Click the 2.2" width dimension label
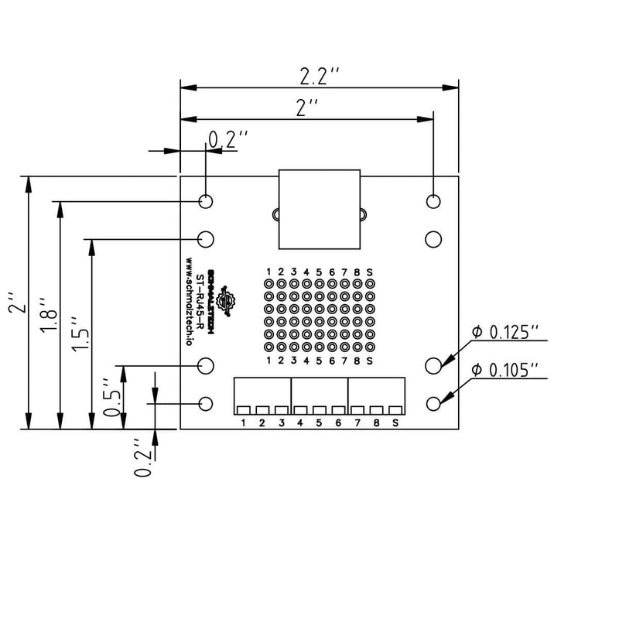[320, 76]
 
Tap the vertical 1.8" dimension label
[47, 316]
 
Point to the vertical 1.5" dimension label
[80, 334]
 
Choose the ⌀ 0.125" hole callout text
[504, 333]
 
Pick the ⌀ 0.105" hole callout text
[504, 371]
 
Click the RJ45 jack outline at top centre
[320, 209]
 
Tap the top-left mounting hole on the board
[206, 201]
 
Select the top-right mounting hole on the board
[433, 201]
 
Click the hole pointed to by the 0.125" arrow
[434, 364]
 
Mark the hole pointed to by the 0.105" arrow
[434, 403]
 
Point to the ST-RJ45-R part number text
[200, 302]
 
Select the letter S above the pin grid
[370, 272]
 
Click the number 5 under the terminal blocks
[319, 422]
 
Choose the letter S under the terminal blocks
[395, 422]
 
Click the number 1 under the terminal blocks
[244, 422]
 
